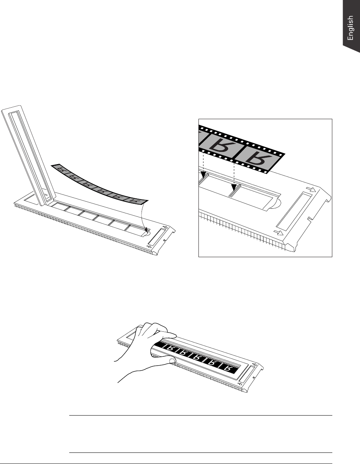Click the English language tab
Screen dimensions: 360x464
351,27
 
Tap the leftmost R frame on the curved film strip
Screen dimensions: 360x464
61,170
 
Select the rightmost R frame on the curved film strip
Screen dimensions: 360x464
135,201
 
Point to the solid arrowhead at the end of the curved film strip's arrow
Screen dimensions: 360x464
147,230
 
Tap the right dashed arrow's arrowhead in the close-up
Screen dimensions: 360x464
234,187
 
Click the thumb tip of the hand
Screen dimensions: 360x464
172,361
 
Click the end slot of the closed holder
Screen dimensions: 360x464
247,373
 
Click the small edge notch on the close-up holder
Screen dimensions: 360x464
309,218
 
